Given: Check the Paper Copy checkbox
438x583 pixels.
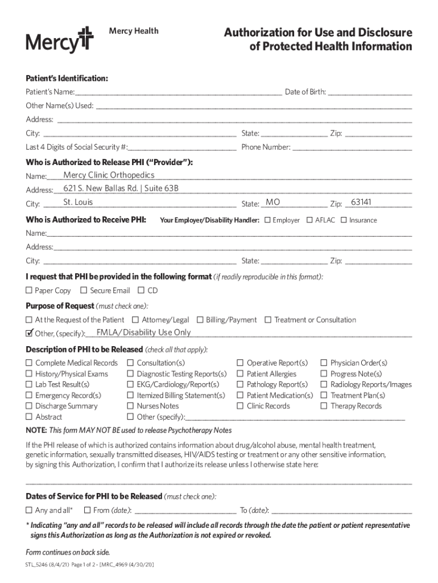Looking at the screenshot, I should point(29,290).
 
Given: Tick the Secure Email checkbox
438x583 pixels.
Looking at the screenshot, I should point(84,290).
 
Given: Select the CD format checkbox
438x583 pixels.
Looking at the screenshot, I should point(141,290).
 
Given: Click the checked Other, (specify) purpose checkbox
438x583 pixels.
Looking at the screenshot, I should point(29,332).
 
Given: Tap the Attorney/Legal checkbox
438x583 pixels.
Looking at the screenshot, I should point(135,320).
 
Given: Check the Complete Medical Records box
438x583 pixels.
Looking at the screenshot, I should point(29,363).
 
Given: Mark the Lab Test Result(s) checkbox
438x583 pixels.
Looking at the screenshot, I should point(29,384).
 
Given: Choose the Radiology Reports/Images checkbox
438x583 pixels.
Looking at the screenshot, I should point(324,384).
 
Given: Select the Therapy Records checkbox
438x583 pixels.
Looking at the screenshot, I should point(324,406).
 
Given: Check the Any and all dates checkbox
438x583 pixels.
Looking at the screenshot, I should point(29,510).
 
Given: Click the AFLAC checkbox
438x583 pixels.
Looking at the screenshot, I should point(309,220).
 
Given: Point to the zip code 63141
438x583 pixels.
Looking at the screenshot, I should point(361,202).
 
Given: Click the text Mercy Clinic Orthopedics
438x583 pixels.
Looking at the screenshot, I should point(109,175).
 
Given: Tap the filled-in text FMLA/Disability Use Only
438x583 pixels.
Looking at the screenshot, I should point(143,332).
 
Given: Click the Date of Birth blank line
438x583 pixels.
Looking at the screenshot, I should point(370,91).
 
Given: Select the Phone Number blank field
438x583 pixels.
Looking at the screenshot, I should point(353,147).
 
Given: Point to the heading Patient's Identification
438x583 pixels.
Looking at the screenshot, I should point(67,77).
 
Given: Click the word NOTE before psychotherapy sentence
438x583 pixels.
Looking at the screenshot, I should point(36,430).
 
